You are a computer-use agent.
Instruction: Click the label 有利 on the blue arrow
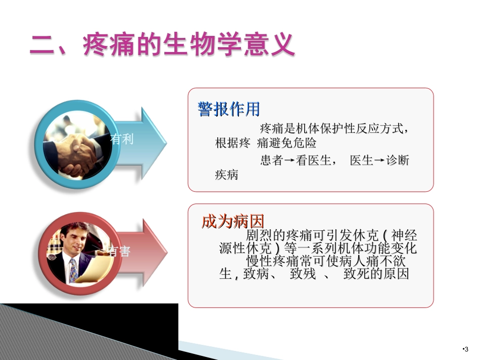(123, 139)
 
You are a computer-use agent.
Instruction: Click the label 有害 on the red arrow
(120, 251)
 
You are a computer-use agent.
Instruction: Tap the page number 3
(466, 349)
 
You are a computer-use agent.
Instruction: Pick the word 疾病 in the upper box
(226, 176)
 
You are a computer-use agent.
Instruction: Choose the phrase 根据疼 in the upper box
(232, 143)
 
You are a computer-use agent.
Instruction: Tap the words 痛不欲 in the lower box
(389, 262)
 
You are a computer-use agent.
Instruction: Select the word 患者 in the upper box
(271, 161)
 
